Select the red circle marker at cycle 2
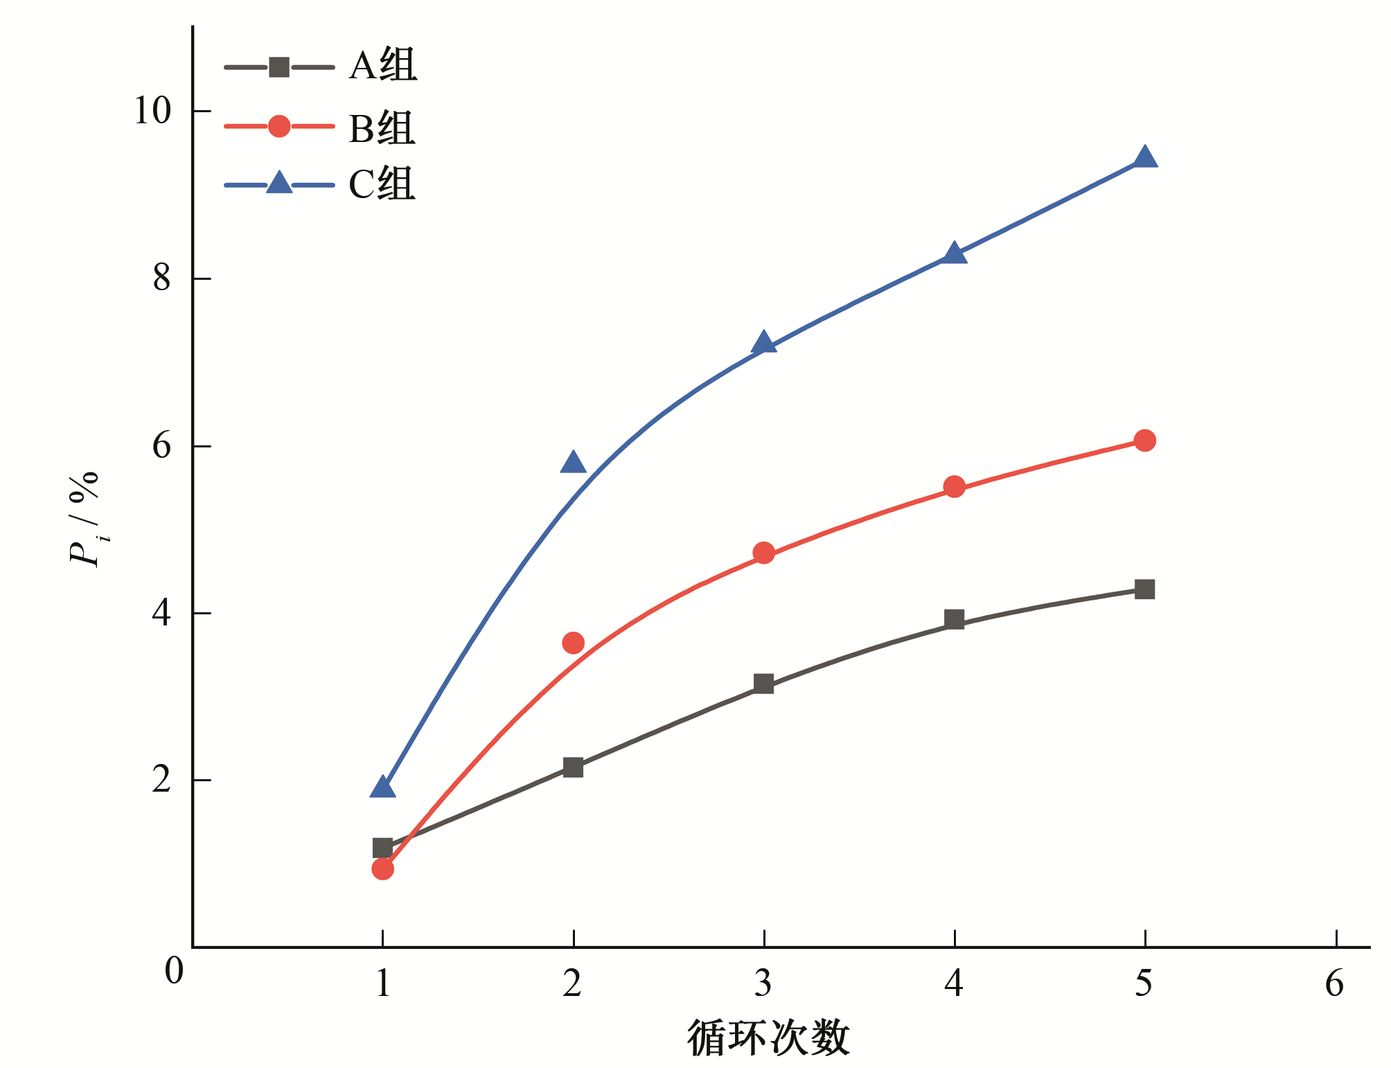(573, 643)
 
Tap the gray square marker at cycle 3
(763, 684)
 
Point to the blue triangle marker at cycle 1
(382, 788)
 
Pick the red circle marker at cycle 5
(1144, 440)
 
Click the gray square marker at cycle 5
(1144, 589)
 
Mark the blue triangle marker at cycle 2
(573, 463)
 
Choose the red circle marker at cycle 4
(954, 486)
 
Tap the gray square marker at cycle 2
(573, 767)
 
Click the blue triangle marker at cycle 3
(763, 343)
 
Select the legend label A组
(382, 66)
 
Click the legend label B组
(382, 129)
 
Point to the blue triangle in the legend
(279, 183)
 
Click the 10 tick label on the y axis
(152, 111)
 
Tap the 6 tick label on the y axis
(161, 445)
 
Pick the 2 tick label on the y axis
(161, 780)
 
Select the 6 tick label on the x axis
(1334, 984)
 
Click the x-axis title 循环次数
(768, 1038)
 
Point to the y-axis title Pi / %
(85, 519)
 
